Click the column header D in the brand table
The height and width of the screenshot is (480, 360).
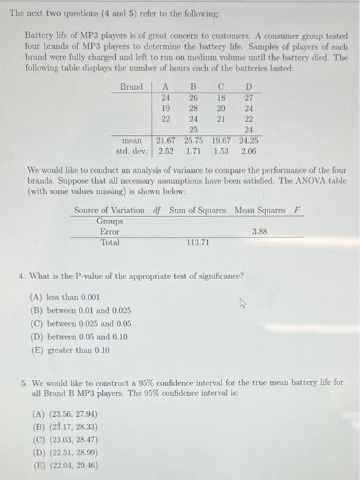pyautogui.click(x=249, y=86)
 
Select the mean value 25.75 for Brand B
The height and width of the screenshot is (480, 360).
pyautogui.click(x=194, y=141)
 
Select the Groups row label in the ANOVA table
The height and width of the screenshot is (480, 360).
pyautogui.click(x=110, y=221)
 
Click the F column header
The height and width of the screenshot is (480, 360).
pyautogui.click(x=296, y=210)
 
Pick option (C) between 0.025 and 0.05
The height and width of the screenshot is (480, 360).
pyautogui.click(x=81, y=324)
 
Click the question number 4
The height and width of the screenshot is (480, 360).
pyautogui.click(x=23, y=276)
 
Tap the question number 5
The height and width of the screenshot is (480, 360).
pyautogui.click(x=23, y=381)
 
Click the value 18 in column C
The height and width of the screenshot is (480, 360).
pyautogui.click(x=221, y=97)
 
